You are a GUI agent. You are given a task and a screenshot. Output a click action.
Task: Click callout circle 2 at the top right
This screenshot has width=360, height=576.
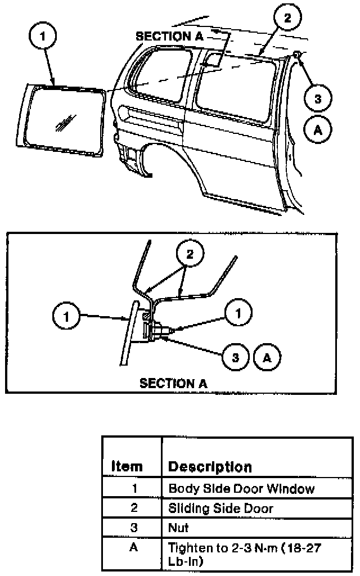pyautogui.click(x=287, y=18)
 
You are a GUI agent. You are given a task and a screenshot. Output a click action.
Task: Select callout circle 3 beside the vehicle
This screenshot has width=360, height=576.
pyautogui.click(x=317, y=98)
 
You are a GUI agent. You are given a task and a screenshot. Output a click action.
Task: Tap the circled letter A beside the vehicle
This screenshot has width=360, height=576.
pyautogui.click(x=317, y=129)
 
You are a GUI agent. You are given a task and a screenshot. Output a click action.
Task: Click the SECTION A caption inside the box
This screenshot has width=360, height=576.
pyautogui.click(x=173, y=384)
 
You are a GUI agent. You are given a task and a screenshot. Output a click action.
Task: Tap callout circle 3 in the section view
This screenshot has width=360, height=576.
pyautogui.click(x=236, y=357)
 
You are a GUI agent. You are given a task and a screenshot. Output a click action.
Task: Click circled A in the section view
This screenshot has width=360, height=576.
pyautogui.click(x=267, y=357)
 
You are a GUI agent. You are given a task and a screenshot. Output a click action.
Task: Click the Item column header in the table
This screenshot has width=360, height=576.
pyautogui.click(x=127, y=466)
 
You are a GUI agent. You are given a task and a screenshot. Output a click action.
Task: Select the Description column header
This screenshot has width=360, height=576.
pyautogui.click(x=210, y=466)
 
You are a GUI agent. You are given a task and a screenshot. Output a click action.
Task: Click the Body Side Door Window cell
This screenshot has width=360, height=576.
pyautogui.click(x=241, y=489)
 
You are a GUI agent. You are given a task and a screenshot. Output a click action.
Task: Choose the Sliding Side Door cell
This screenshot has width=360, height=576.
pyautogui.click(x=220, y=508)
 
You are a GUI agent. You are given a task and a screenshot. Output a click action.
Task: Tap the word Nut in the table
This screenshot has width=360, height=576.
pyautogui.click(x=178, y=528)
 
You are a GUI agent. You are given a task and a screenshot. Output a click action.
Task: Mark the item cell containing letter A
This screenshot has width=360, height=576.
pyautogui.click(x=133, y=547)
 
